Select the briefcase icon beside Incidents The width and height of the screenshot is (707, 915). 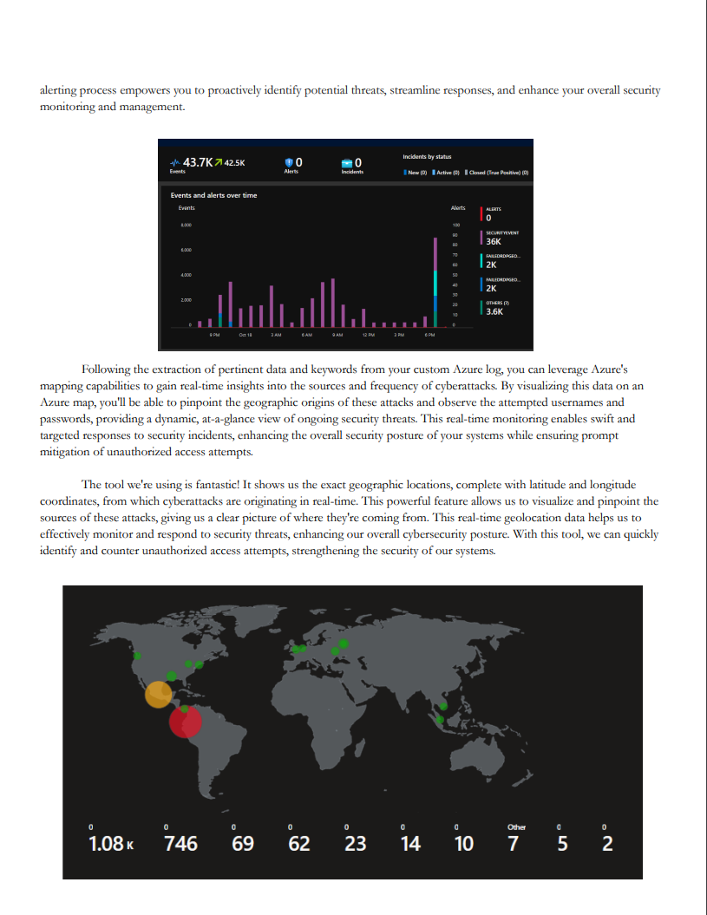[x=347, y=162]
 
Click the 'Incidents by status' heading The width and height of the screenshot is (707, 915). [x=427, y=156]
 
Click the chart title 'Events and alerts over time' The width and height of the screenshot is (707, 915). [x=213, y=195]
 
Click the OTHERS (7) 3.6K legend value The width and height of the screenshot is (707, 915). [x=494, y=311]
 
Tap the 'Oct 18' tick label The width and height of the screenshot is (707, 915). [x=245, y=334]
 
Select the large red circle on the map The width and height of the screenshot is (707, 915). [x=185, y=721]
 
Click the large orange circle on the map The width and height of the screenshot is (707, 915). [x=158, y=695]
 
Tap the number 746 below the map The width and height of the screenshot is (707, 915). [x=180, y=843]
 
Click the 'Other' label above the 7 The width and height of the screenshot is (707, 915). [x=516, y=827]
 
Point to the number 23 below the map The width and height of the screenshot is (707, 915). [x=355, y=843]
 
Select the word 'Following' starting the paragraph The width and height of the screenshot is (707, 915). [x=108, y=370]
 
